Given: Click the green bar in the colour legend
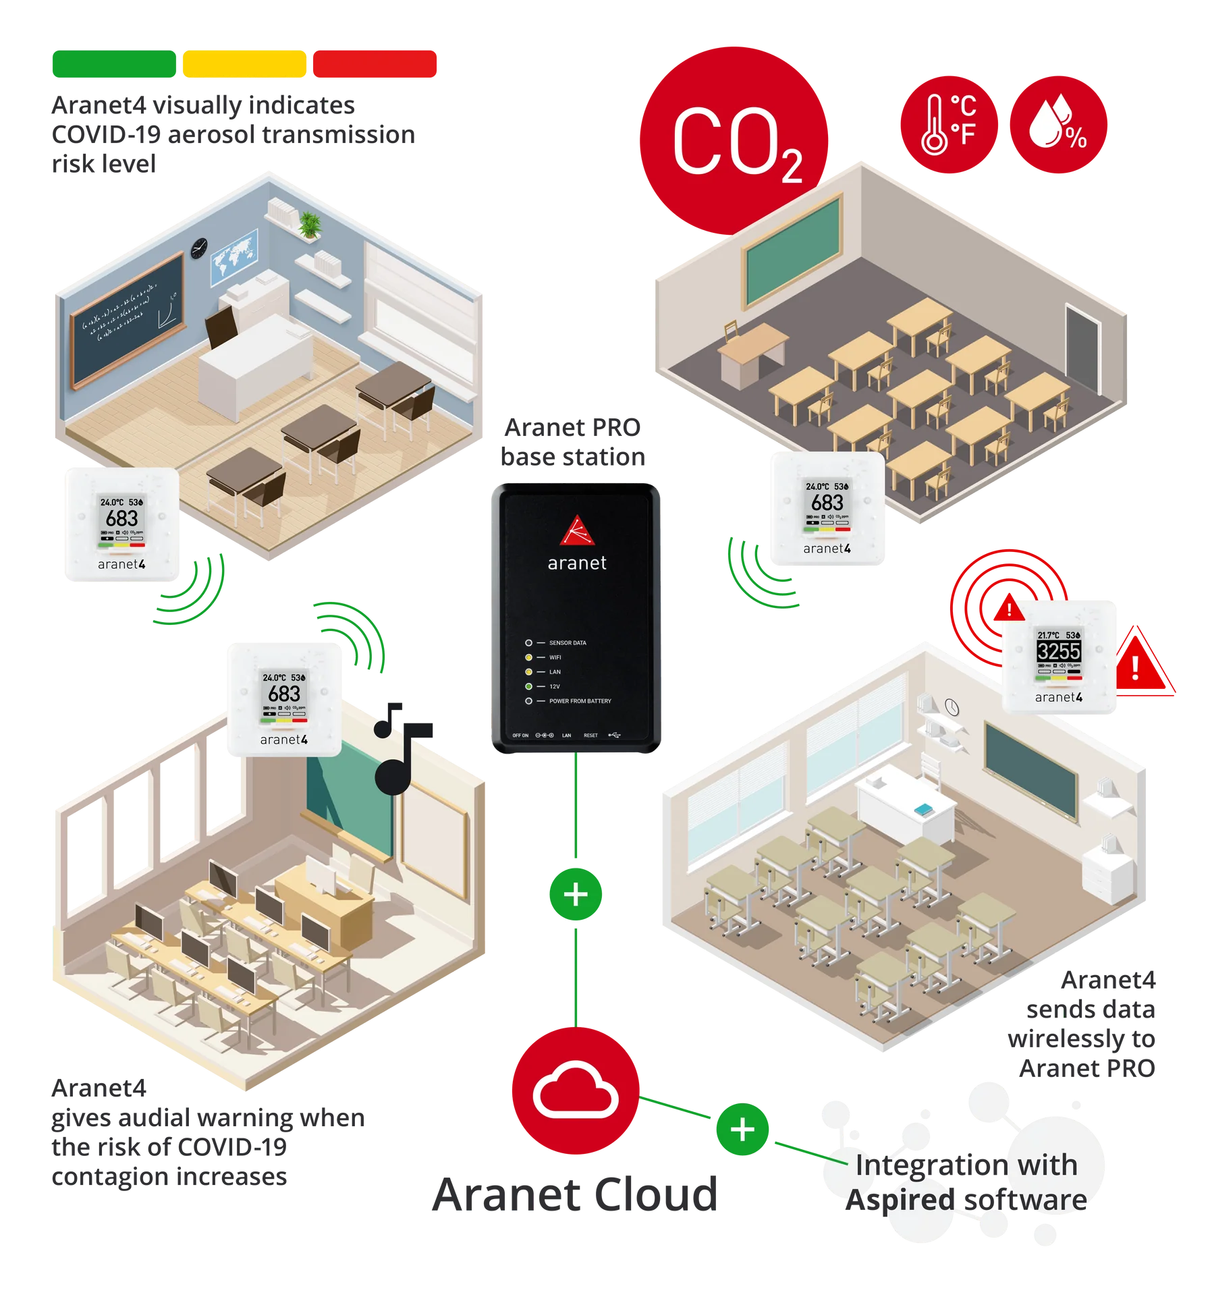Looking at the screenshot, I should tap(113, 64).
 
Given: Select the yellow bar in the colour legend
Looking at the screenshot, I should tap(244, 64).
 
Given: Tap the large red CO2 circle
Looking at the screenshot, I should tap(734, 142).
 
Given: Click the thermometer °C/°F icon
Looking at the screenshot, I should tap(948, 124).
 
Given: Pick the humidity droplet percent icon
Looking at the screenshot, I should tap(1057, 124).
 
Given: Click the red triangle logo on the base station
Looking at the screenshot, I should tap(576, 530).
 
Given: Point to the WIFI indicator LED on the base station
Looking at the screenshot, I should tap(529, 657).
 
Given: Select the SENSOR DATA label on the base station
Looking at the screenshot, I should tap(568, 643).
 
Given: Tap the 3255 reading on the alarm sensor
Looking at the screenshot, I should tap(1059, 651).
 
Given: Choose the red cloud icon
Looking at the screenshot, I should tap(575, 1090).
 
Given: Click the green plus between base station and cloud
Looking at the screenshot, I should tap(575, 895).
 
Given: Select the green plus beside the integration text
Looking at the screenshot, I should tap(742, 1130).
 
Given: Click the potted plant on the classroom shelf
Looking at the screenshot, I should tap(309, 224).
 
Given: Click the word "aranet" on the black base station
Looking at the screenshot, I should tap(577, 563).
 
